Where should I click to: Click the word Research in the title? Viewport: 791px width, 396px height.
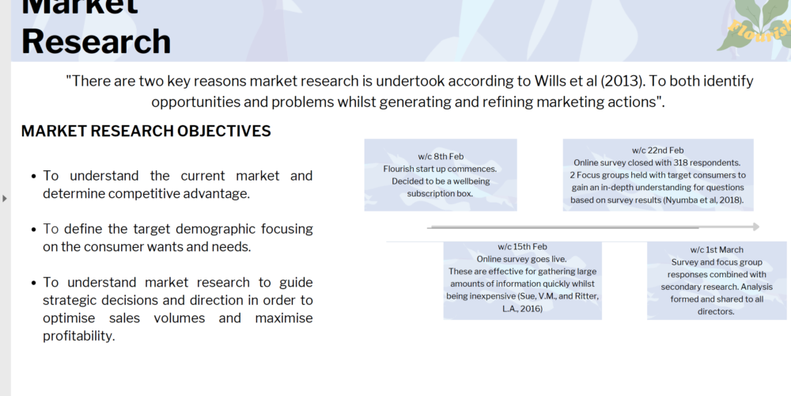[97, 41]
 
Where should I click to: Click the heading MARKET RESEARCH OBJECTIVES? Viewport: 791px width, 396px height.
[146, 131]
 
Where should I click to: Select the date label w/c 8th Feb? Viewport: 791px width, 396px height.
[441, 157]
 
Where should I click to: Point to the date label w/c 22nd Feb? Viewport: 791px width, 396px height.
[658, 150]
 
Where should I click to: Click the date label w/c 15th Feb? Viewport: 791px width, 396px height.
[522, 246]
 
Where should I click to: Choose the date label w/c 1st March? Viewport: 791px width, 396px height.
[717, 249]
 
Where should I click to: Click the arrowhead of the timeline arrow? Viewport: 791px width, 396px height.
[756, 227]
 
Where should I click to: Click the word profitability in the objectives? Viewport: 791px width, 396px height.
[78, 337]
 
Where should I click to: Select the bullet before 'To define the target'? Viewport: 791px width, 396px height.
[33, 230]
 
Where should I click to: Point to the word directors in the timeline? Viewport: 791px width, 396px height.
[716, 311]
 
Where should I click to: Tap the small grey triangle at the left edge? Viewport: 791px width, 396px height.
[5, 199]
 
